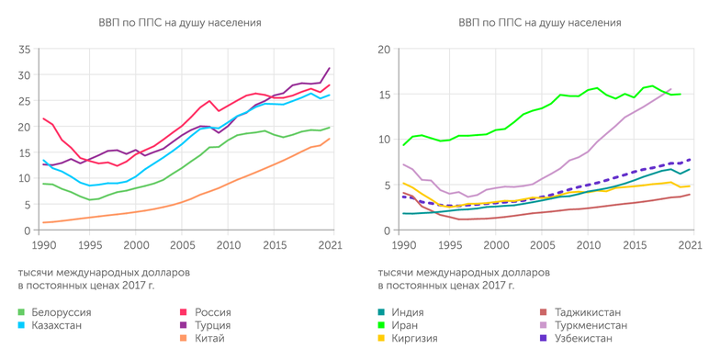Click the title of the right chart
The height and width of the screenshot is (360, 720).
[x=538, y=21]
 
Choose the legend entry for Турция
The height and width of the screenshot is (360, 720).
[x=206, y=326]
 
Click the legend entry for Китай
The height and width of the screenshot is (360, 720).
[x=203, y=339]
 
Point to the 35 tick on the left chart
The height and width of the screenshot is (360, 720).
[x=24, y=49]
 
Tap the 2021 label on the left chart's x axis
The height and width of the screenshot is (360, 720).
[x=330, y=246]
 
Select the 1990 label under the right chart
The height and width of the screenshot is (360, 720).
[x=402, y=246]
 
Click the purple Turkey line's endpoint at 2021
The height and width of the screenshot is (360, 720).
[x=330, y=68]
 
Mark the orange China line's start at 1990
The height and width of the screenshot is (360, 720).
[x=42, y=222]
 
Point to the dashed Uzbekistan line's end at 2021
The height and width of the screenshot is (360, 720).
[x=690, y=159]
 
